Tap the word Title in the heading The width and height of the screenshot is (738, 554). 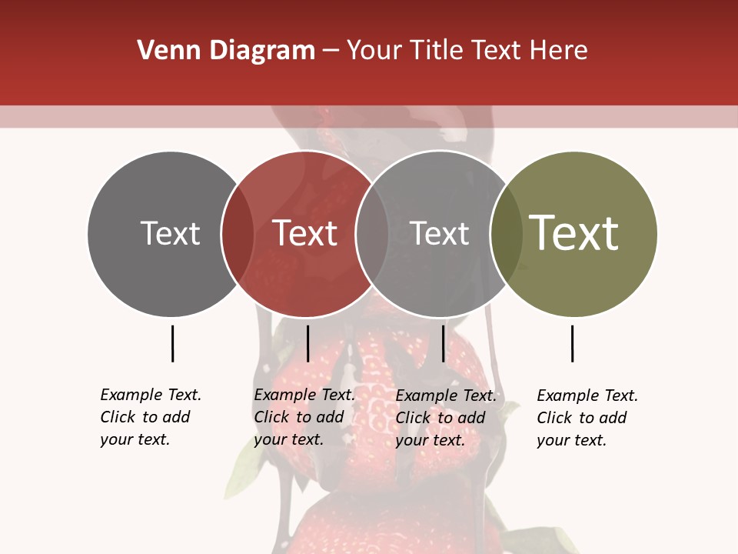[435, 51]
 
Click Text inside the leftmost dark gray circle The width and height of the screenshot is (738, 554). [170, 233]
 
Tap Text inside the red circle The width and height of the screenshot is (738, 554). [305, 233]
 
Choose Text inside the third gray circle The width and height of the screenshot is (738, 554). [439, 233]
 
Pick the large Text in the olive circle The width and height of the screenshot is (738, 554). [574, 233]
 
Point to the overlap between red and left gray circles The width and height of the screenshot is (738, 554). [238, 234]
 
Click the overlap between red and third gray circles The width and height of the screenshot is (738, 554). [371, 234]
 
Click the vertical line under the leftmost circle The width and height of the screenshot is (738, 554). [173, 343]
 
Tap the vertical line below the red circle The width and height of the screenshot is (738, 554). [307, 343]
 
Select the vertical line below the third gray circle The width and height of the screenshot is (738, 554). [443, 343]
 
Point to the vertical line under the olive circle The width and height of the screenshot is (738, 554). [572, 343]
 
